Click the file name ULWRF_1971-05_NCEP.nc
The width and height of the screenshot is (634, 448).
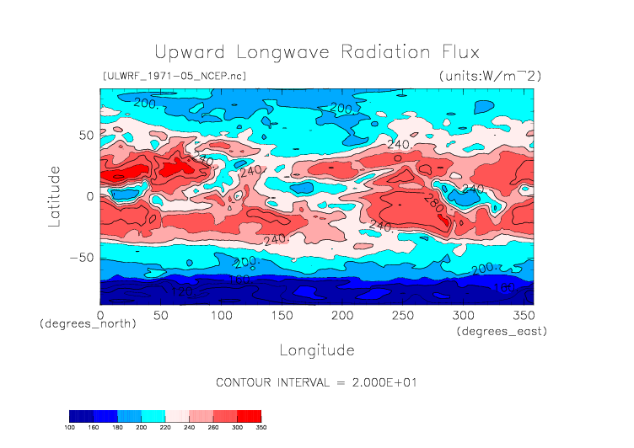pos(174,76)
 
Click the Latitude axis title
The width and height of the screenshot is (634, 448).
pos(55,195)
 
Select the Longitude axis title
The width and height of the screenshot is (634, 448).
pos(317,349)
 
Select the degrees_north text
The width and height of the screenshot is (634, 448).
pos(88,323)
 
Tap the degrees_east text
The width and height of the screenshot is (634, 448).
pos(502,332)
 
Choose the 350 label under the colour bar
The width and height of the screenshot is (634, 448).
pos(261,427)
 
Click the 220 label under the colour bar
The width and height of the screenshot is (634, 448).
pos(165,427)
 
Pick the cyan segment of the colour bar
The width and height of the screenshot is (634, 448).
pos(153,416)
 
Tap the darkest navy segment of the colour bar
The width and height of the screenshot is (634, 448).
pos(80,416)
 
